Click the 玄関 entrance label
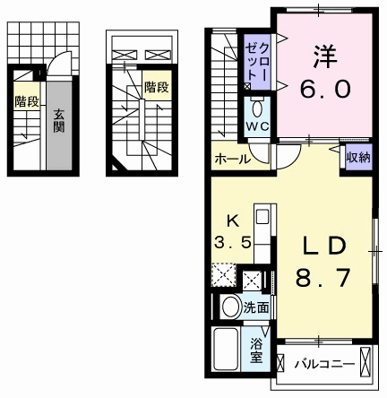point(59,121)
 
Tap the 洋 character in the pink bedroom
point(325,56)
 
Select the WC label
point(257,127)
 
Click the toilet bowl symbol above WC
point(257,108)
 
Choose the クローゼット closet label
point(257,62)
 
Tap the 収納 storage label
point(358,157)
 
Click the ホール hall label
point(233,159)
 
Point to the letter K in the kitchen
point(233,221)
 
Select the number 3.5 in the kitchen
point(233,242)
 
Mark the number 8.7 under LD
point(322,278)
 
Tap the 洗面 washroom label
point(256,307)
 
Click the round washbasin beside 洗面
point(231,307)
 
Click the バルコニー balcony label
point(325,364)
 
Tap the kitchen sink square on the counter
point(262,217)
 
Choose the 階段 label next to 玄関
point(27,101)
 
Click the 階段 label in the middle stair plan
point(157,87)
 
